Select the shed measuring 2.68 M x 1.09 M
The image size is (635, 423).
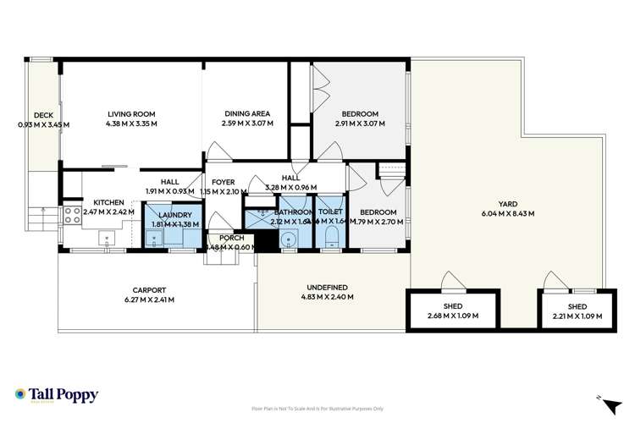click(452, 311)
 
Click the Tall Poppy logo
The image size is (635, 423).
click(57, 395)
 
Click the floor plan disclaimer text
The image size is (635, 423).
click(317, 408)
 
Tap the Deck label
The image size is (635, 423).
click(43, 116)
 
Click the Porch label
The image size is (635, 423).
click(231, 238)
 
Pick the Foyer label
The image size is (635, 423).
click(223, 181)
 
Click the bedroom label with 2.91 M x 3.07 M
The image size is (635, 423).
click(360, 113)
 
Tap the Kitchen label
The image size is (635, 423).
click(108, 202)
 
